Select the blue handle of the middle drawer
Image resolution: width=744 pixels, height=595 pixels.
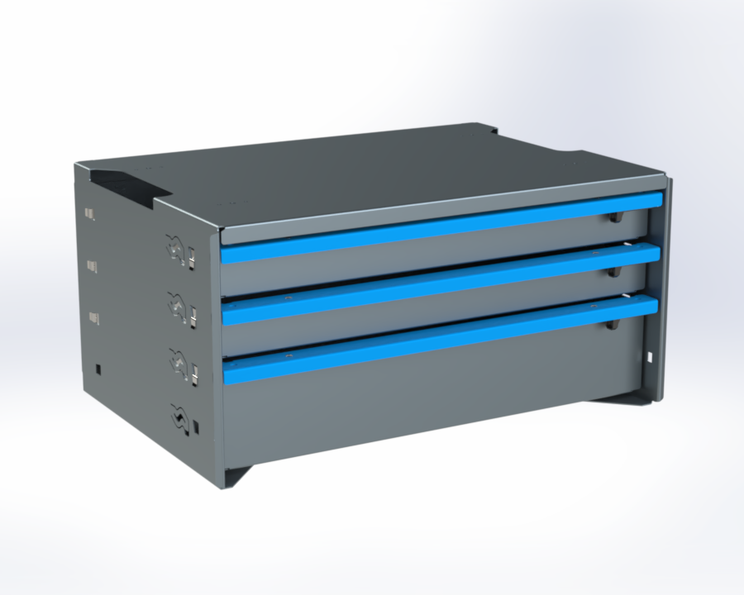tap(438, 283)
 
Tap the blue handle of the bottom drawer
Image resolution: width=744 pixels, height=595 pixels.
tap(438, 339)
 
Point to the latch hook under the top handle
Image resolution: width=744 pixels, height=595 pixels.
tap(614, 217)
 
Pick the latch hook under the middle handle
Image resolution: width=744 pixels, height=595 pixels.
tap(613, 270)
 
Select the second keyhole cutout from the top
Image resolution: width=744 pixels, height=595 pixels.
tap(177, 305)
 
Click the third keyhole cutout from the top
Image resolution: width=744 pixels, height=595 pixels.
tap(179, 361)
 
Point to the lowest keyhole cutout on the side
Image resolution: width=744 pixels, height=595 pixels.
tap(178, 416)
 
